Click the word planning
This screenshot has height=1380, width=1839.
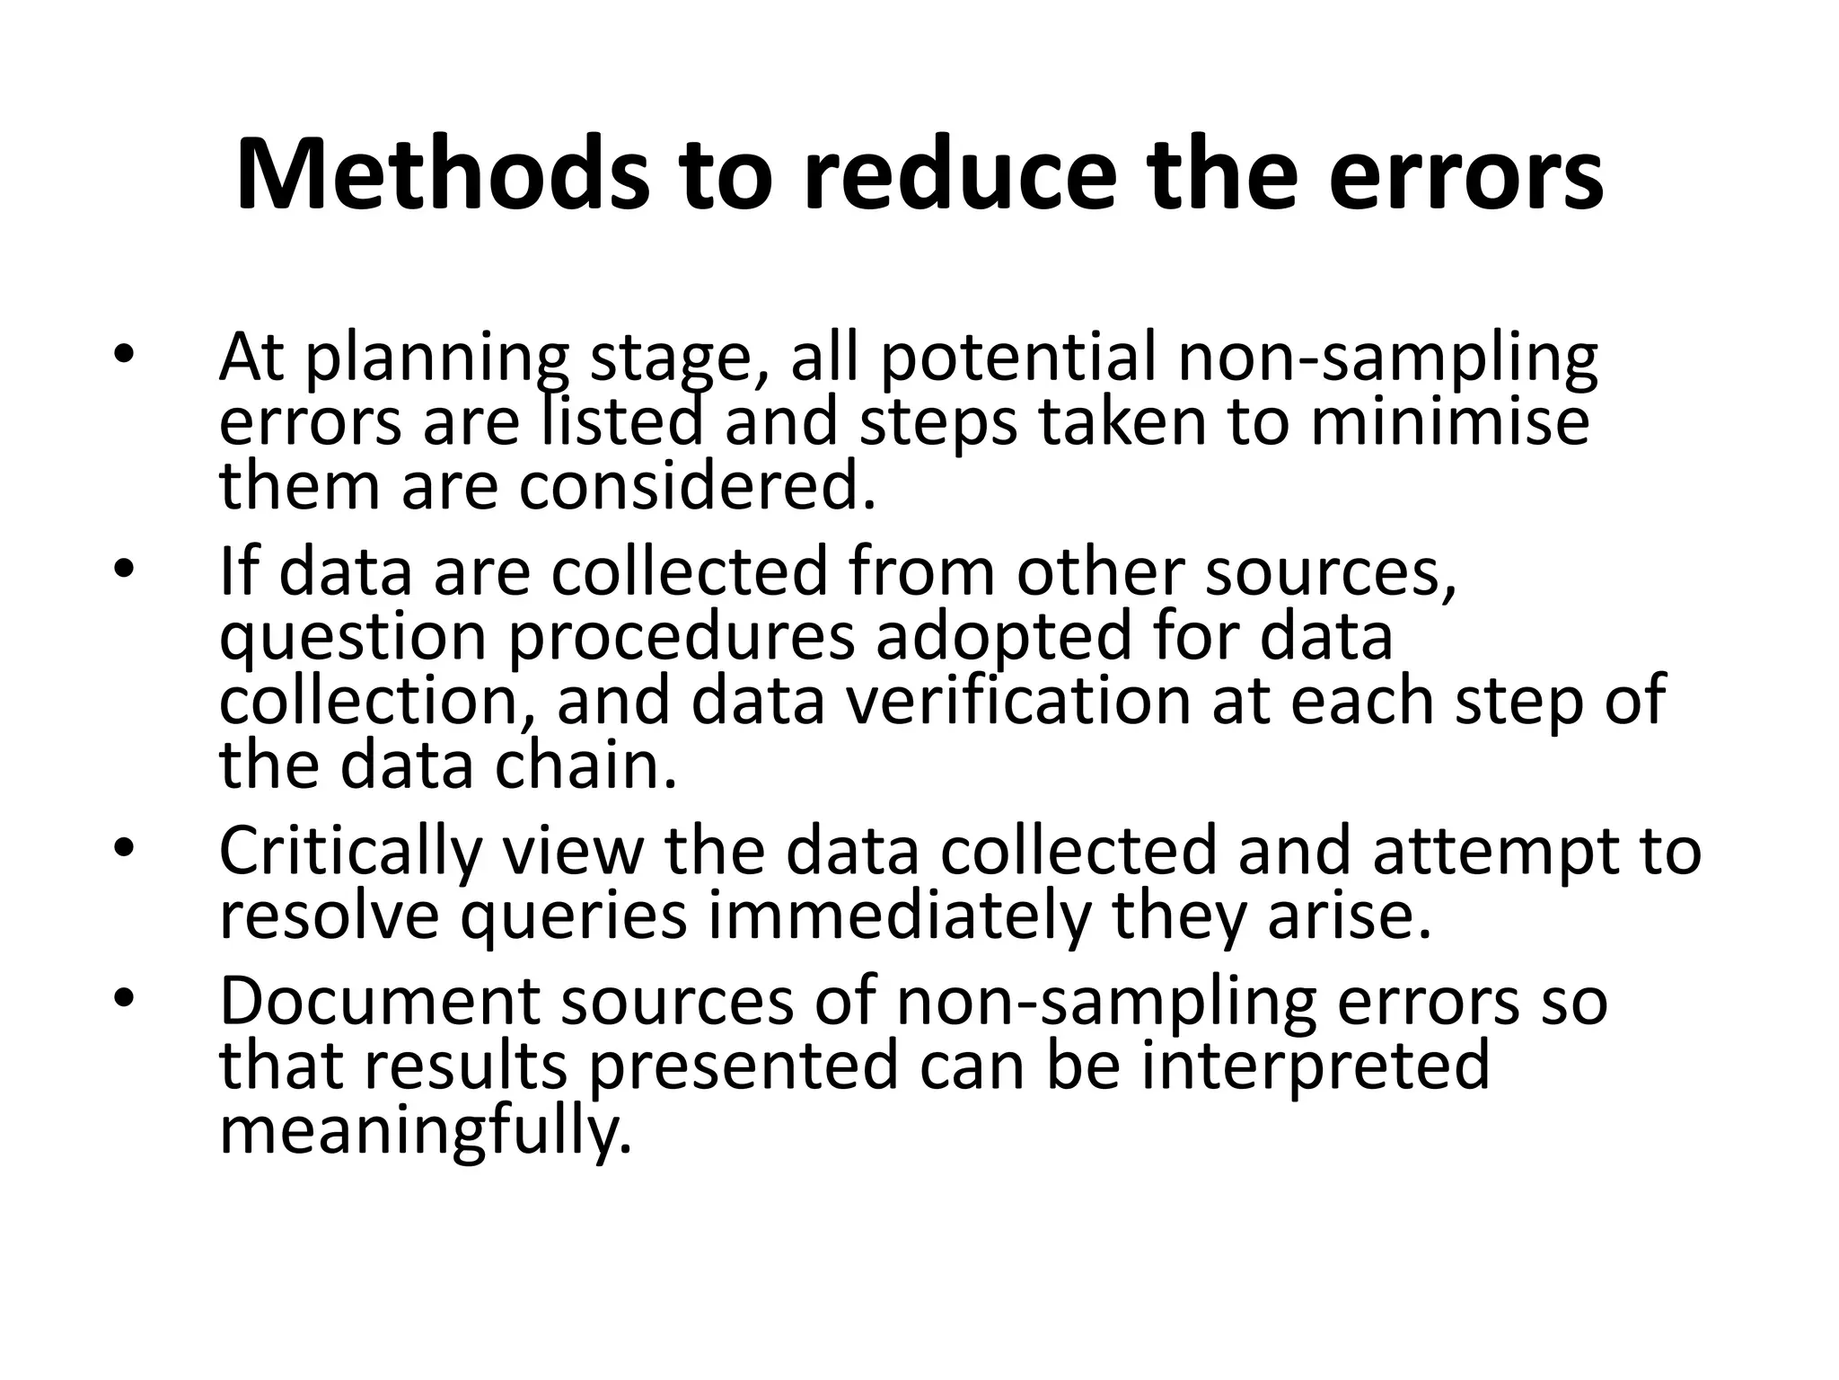coord(436,359)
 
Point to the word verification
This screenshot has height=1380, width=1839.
coord(1018,701)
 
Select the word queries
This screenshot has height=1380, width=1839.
coord(575,916)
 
